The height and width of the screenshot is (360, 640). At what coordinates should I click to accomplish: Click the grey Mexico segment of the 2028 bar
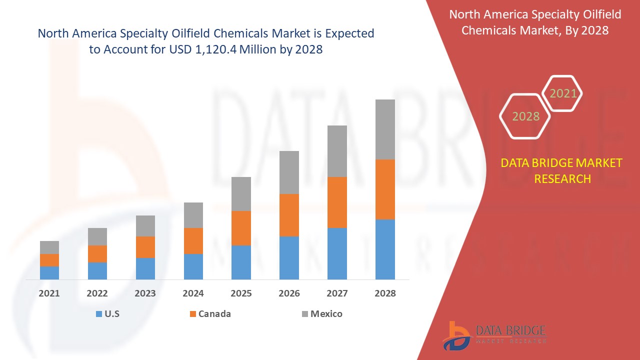click(x=385, y=129)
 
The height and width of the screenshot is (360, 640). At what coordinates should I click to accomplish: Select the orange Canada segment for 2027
click(x=337, y=202)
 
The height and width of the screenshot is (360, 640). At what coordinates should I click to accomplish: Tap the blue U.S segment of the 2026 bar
click(x=289, y=257)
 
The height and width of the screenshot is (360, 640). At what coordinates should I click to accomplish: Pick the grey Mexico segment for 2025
click(x=241, y=194)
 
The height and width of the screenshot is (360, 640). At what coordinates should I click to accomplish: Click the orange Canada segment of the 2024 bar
click(x=193, y=241)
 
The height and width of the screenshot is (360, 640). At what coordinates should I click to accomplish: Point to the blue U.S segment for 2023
click(x=145, y=268)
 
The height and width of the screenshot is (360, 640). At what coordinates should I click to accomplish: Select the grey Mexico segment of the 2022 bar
click(x=97, y=236)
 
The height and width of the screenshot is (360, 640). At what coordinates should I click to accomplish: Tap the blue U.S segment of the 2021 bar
click(x=49, y=272)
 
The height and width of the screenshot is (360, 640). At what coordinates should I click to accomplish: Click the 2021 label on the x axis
click(x=49, y=293)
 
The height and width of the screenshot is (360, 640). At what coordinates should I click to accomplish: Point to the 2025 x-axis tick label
click(x=241, y=293)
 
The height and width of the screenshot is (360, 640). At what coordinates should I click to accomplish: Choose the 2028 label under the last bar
click(x=385, y=293)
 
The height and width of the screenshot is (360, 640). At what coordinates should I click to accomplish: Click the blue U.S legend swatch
click(x=98, y=314)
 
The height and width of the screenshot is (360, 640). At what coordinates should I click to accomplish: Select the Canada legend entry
click(x=214, y=314)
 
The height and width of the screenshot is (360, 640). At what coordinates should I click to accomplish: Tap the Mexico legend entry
click(x=326, y=314)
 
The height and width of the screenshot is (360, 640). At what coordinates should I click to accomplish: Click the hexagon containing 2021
click(x=562, y=93)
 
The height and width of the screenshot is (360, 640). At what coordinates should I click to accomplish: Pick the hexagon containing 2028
click(x=525, y=116)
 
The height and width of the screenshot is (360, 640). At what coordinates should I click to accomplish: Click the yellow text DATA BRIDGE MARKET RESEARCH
click(x=562, y=170)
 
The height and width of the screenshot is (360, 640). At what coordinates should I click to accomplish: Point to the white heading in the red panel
click(x=535, y=22)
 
